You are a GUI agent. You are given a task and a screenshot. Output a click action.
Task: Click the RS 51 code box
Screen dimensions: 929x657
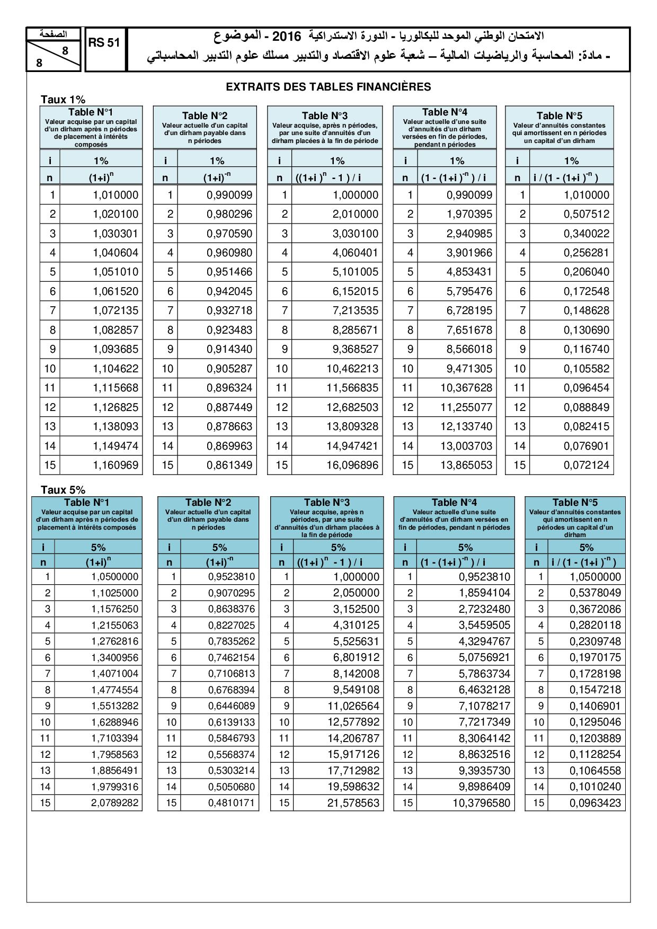(104, 43)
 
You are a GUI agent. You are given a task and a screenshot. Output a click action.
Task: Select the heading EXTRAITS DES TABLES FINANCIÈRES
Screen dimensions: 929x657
(328, 87)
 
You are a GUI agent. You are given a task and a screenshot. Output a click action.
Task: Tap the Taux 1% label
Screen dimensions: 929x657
(63, 100)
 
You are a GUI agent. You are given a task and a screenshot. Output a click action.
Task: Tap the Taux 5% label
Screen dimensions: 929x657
(63, 490)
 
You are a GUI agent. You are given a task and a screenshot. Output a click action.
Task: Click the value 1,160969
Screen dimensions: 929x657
(116, 465)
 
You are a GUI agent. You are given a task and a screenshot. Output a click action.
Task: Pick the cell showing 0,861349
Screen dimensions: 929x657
(229, 465)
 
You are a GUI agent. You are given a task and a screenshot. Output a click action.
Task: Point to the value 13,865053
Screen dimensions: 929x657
(466, 465)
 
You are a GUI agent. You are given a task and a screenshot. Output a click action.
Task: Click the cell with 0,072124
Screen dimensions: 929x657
(586, 465)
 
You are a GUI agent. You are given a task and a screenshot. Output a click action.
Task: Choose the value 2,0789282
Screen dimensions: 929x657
(114, 802)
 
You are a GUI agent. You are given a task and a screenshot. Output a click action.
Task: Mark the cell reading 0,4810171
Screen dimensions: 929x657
(231, 802)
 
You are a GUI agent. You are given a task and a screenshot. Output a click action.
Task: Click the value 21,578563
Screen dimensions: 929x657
(353, 802)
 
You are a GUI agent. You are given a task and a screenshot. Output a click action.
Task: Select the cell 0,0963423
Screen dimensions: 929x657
(595, 802)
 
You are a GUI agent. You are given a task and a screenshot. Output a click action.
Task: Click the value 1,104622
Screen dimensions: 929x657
(116, 369)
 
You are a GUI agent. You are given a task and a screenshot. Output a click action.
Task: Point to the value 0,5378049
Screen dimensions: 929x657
(595, 593)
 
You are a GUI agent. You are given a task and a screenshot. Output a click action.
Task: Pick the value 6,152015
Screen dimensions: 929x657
(356, 291)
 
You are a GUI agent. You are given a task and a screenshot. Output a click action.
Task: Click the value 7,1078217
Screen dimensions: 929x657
(484, 705)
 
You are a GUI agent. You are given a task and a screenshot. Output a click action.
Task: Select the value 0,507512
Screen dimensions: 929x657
(586, 214)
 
